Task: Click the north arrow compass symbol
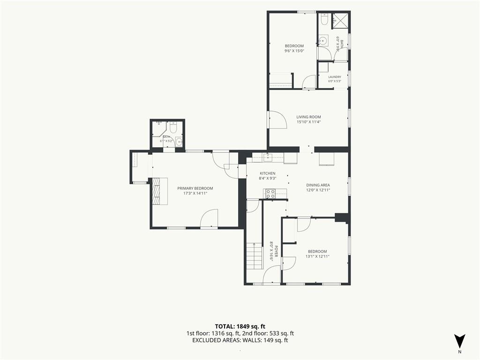coord(459,341)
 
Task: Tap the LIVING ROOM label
coord(308,117)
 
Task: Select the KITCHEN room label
coord(268,173)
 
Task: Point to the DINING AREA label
coord(318,185)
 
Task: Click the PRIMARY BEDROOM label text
coord(195,188)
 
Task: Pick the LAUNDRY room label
coord(335,77)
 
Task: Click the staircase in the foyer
coord(255,256)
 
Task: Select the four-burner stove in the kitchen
coord(270,194)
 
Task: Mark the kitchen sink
coord(268,157)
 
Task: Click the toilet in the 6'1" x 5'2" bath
coord(173,127)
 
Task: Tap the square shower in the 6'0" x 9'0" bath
coord(340,20)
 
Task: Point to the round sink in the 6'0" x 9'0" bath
coord(322,40)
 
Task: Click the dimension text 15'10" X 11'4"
coord(308,122)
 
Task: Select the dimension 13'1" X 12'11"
coord(317,256)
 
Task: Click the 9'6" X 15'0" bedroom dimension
coord(294,51)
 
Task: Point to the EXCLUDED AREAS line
coord(240,340)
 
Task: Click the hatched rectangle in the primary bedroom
coord(157,191)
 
